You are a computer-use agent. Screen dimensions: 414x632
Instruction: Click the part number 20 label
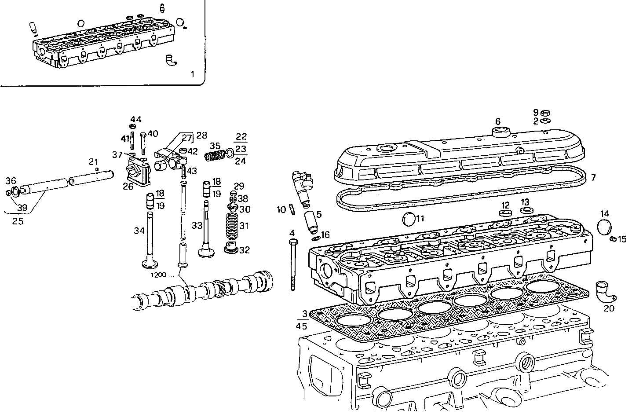click(608, 308)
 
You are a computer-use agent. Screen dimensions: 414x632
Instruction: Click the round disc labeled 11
click(409, 219)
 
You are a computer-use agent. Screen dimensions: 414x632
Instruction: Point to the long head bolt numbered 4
click(292, 266)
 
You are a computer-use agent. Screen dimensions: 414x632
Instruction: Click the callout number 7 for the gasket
click(593, 178)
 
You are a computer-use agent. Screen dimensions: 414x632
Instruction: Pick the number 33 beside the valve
click(197, 226)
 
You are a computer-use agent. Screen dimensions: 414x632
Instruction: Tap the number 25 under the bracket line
click(18, 221)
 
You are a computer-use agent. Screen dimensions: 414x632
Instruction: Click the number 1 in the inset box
click(192, 74)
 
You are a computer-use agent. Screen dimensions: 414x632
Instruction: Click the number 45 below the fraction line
click(302, 326)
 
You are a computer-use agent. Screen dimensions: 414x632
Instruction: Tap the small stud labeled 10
click(291, 210)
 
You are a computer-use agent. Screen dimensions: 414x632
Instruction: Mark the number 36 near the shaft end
click(11, 181)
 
